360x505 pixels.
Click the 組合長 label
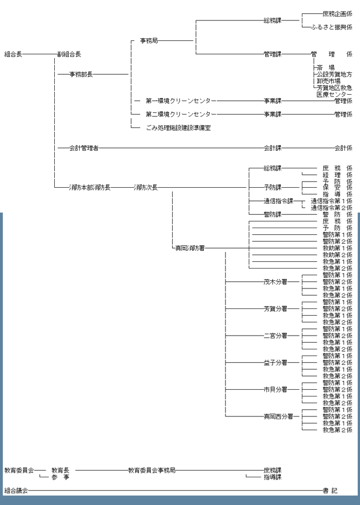click(13, 54)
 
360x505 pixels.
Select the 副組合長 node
click(69, 54)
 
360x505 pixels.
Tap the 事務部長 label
click(81, 74)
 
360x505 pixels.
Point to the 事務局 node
click(148, 40)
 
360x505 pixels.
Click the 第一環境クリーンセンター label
click(181, 101)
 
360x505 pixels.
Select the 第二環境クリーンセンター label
click(181, 114)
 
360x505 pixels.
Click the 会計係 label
click(343, 148)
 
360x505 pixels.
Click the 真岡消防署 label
click(190, 248)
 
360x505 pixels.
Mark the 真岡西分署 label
click(277, 416)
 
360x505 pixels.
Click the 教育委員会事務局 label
click(152, 470)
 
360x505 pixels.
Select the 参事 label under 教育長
click(60, 477)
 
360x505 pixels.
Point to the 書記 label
click(330, 491)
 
